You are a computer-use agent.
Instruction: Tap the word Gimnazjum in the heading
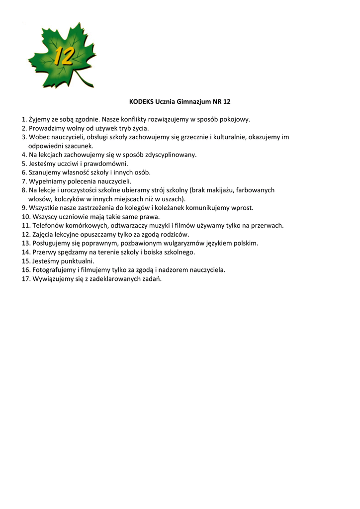[x=191, y=102]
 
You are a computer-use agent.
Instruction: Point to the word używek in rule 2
[x=93, y=128]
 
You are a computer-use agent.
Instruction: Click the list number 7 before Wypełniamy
[x=24, y=181]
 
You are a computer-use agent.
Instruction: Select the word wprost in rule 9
[x=243, y=208]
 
